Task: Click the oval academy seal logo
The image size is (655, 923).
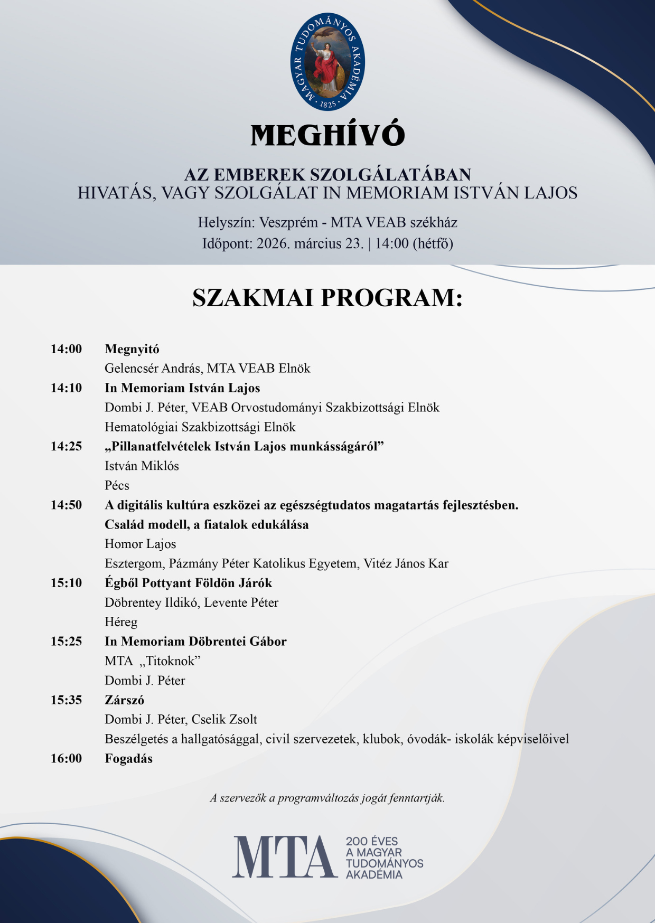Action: pos(327,62)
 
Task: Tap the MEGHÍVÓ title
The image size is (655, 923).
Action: pos(327,135)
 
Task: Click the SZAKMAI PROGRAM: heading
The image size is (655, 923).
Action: pos(327,298)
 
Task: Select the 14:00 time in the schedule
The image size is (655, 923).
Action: pos(67,349)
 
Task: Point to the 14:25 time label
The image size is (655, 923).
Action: pos(67,447)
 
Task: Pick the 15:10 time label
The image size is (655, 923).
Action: pos(67,583)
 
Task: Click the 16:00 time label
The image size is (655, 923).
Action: pos(67,759)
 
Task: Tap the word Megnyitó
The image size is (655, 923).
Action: pos(132,349)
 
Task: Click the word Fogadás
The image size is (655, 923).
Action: pos(129,759)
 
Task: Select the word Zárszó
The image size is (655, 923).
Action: pos(125,700)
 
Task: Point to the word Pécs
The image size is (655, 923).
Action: pos(117,485)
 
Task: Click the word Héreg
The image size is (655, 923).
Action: pos(121,622)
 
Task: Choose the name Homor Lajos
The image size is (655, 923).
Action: pos(141,544)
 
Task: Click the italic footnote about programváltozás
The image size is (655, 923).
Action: pos(327,798)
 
